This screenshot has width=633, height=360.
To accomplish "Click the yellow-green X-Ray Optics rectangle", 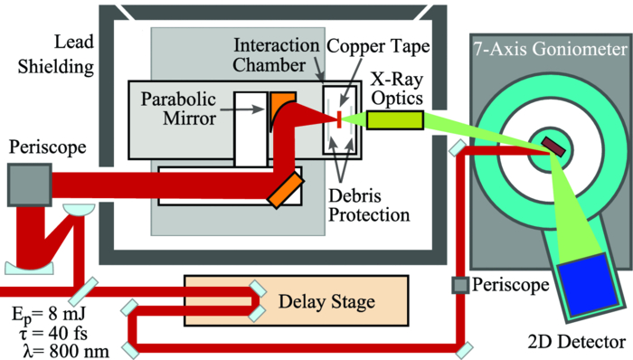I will [x=394, y=118].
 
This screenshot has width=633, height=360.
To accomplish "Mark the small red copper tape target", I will [x=337, y=118].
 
